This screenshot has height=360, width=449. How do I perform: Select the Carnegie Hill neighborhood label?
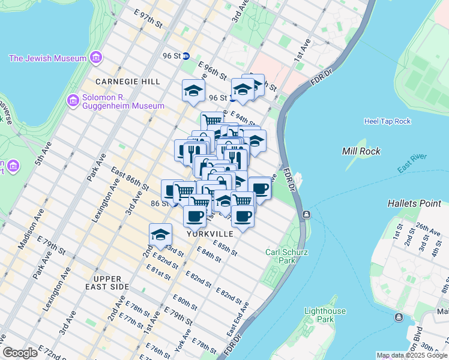127,81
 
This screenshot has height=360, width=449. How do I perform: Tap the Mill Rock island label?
361,151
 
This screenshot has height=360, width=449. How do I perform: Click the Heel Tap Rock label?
387,121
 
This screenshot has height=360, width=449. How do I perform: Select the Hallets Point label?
414,203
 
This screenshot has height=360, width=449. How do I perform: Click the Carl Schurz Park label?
281,256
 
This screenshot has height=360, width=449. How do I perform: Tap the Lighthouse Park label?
325,315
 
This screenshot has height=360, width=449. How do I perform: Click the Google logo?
19,353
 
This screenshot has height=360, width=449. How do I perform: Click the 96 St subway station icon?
187,56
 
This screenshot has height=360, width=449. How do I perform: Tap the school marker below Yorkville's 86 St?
160,235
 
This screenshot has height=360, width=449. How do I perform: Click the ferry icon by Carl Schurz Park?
306,214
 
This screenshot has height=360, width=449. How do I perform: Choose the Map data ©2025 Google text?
412,355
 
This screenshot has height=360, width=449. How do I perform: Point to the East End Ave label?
238,319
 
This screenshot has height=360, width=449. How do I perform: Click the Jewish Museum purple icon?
95,58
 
